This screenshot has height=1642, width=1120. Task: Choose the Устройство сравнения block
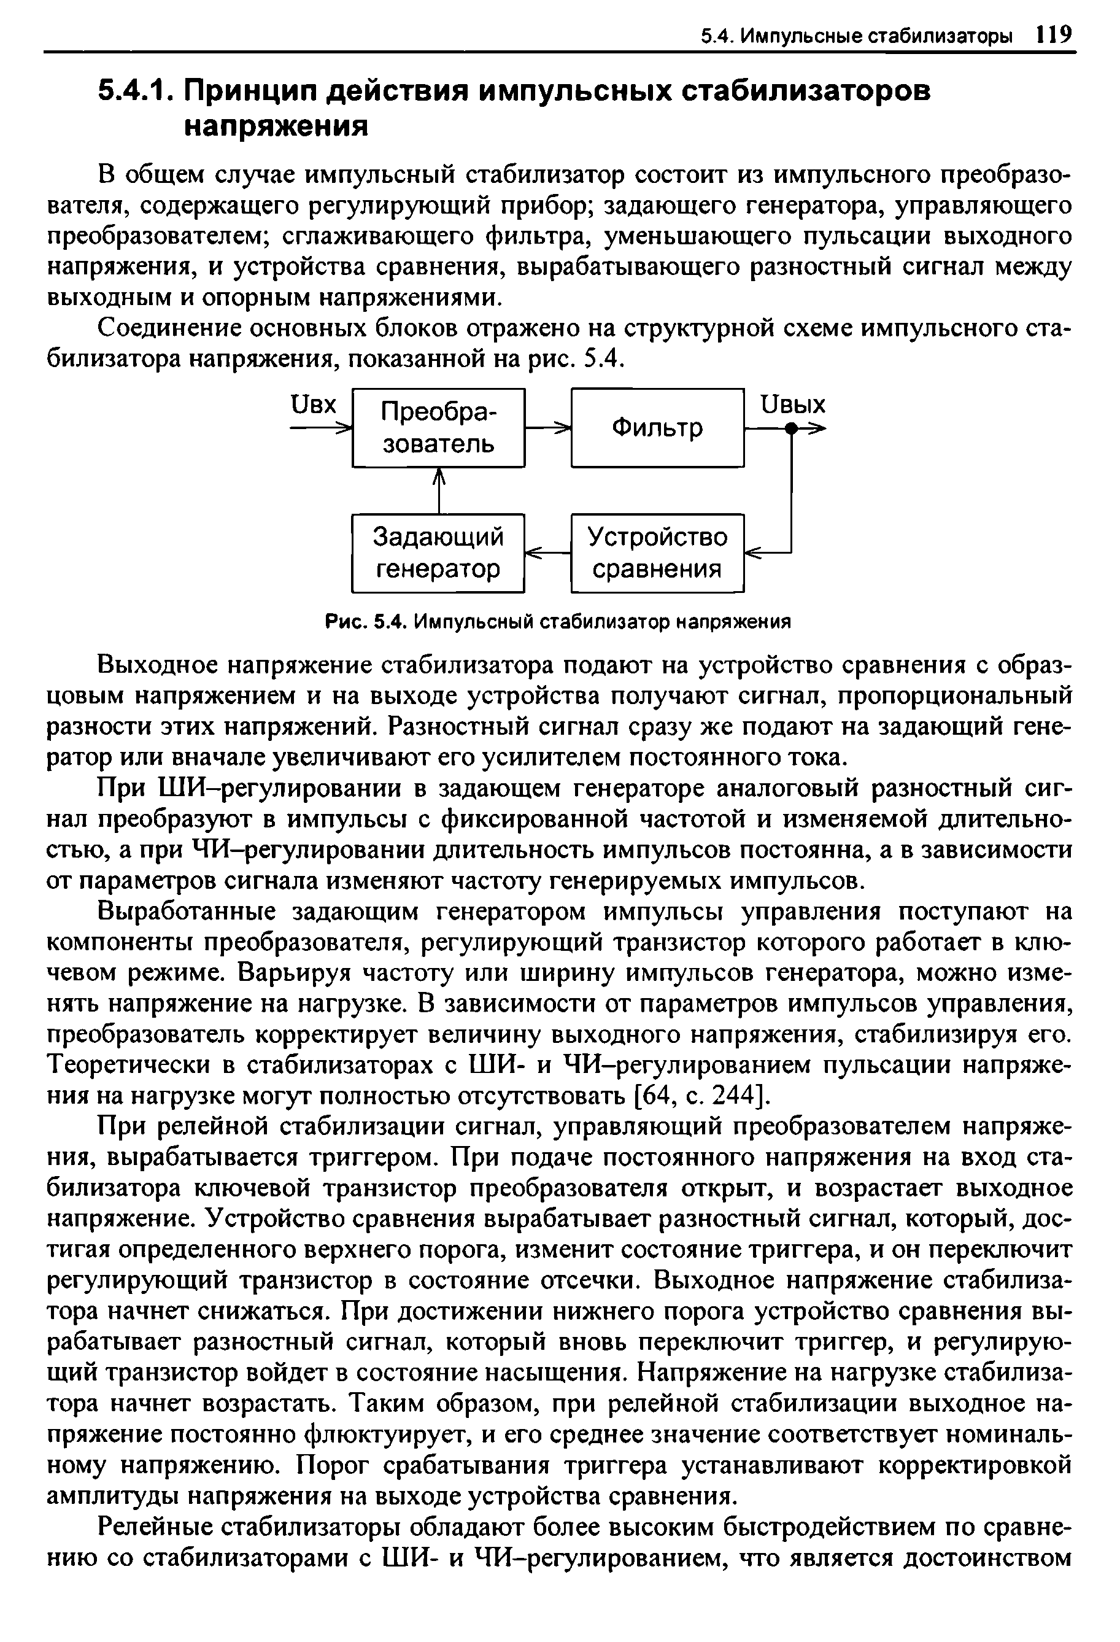point(657,552)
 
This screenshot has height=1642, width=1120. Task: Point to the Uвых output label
point(792,405)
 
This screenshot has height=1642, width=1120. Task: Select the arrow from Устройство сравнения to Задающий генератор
point(548,552)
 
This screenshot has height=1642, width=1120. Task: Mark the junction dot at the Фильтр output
point(792,428)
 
